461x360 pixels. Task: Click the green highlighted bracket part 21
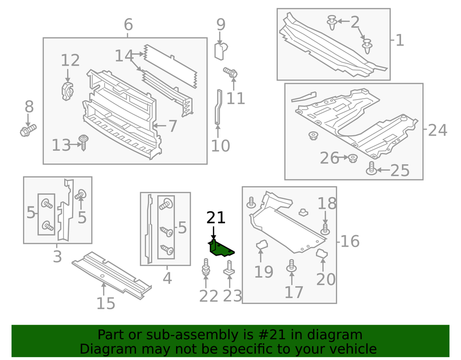221,248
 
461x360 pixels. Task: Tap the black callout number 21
216,218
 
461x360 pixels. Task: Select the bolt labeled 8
28,130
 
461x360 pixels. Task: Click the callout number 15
106,303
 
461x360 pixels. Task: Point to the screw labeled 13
83,143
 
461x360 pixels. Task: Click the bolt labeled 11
230,72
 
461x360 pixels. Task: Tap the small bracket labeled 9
221,51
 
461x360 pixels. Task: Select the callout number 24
437,130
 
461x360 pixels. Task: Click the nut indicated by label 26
353,159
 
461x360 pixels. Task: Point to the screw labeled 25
371,168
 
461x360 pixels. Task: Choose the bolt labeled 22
206,267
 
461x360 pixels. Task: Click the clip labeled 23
229,268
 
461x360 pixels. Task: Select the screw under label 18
325,229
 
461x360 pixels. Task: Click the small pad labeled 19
261,244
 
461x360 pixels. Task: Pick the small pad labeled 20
322,253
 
